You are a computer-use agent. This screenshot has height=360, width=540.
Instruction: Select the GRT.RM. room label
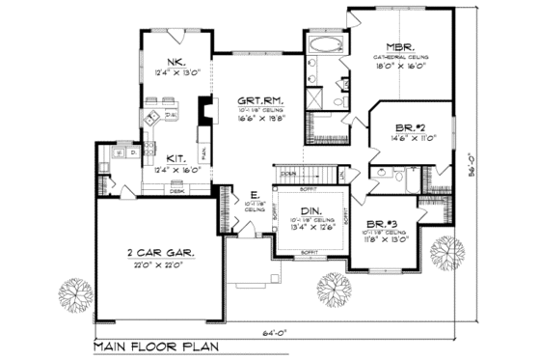coord(259,99)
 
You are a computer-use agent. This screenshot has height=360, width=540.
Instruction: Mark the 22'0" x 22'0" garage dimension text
coord(159,263)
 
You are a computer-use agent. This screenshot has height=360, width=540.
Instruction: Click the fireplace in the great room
coord(202,111)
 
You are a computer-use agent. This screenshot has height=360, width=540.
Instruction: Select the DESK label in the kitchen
coord(177,190)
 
